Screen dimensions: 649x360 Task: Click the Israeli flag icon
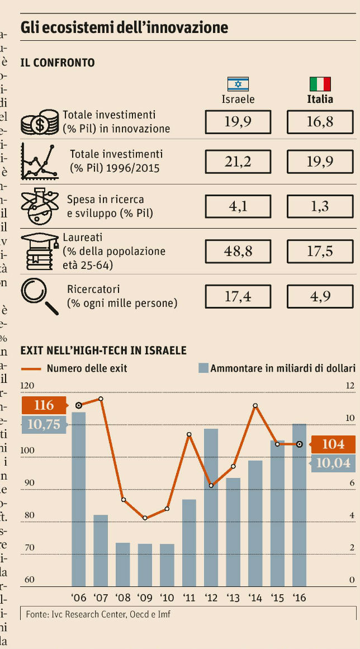click(238, 84)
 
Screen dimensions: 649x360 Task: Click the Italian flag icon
click(320, 84)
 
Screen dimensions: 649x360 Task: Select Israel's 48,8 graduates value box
click(238, 251)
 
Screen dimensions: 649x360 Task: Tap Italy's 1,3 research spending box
click(320, 206)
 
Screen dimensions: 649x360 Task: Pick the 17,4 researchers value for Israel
click(238, 296)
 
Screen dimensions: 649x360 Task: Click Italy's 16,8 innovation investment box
click(320, 122)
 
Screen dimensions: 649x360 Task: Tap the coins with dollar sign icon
click(40, 122)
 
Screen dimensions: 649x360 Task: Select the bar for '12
click(211, 507)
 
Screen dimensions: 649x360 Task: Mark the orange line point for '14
click(255, 406)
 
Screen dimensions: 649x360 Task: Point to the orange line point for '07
click(101, 399)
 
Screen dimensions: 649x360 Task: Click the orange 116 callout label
click(44, 405)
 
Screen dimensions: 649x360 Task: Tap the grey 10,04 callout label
click(333, 462)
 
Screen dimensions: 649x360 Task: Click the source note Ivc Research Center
click(98, 614)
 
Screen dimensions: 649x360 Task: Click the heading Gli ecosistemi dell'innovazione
click(124, 27)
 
